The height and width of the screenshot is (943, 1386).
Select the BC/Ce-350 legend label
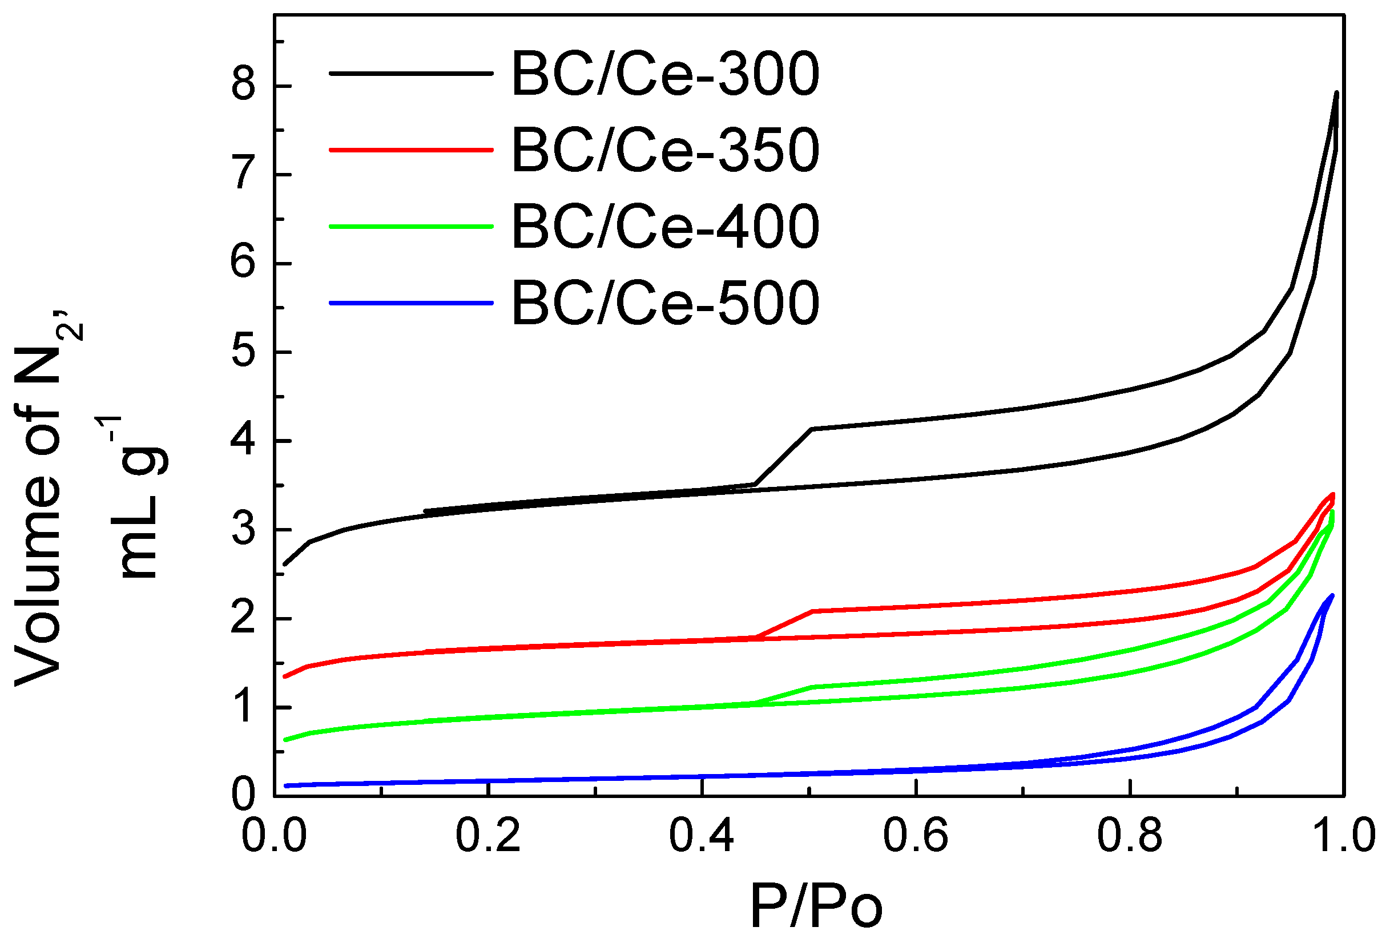(x=666, y=150)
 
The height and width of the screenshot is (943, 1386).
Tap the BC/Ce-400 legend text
(x=666, y=227)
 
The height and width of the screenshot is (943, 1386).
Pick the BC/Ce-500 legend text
(x=666, y=303)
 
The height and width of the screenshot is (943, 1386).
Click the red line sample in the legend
(x=412, y=150)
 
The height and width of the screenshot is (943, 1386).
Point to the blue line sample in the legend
(x=412, y=303)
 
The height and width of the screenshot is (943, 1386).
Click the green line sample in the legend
(x=412, y=227)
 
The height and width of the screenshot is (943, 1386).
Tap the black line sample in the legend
(x=412, y=74)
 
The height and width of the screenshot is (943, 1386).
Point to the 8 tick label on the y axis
(x=244, y=85)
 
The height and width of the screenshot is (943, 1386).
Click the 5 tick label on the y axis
(x=244, y=352)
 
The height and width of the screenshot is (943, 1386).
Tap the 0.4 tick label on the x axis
(x=702, y=835)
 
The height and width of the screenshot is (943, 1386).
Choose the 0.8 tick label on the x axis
(x=1129, y=835)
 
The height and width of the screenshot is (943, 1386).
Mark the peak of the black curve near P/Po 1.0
(x=1337, y=93)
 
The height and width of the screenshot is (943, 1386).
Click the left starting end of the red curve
(x=285, y=677)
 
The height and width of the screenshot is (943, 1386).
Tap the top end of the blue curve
(x=1332, y=595)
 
